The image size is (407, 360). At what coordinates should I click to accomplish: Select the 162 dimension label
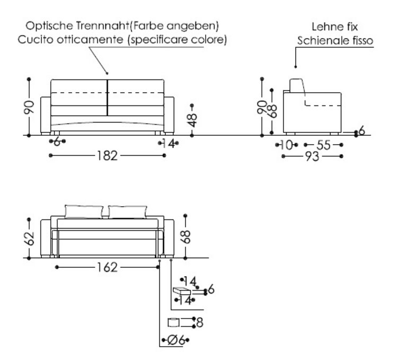(x=108, y=267)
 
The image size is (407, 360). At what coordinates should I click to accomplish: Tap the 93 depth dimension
(x=313, y=157)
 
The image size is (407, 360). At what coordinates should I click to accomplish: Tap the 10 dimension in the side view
(x=287, y=145)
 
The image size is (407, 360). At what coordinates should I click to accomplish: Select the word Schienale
(x=320, y=41)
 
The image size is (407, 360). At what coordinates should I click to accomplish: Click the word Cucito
(x=32, y=40)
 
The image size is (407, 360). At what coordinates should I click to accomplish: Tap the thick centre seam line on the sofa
(x=108, y=98)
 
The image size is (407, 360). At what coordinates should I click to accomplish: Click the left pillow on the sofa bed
(x=84, y=212)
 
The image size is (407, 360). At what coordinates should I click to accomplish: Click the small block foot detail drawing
(x=182, y=292)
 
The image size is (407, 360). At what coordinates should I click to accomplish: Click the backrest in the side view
(x=298, y=87)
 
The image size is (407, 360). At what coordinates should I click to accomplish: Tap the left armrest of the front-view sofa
(x=46, y=115)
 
